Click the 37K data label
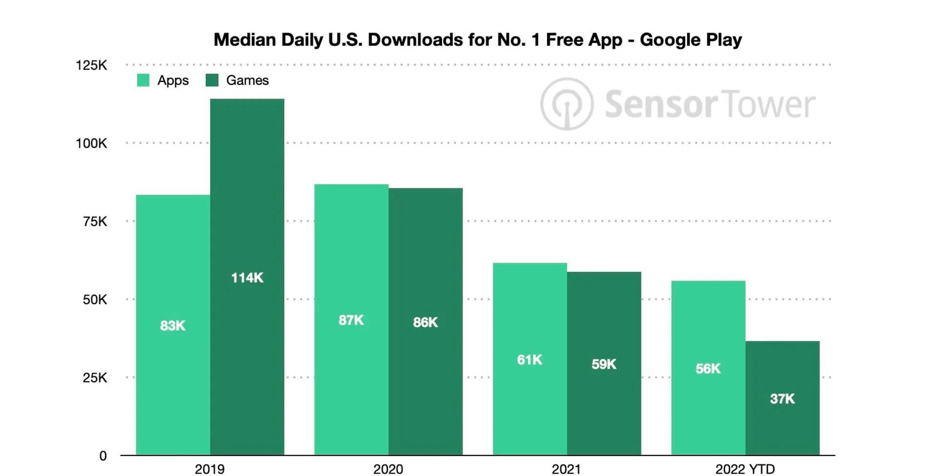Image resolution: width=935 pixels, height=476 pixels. coord(782,399)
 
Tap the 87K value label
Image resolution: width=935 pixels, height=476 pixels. coord(351,320)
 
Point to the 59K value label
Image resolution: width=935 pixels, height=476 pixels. coord(604,364)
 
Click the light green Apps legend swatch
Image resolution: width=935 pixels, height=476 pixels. coord(143,80)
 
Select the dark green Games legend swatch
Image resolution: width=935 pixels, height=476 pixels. coord(212,80)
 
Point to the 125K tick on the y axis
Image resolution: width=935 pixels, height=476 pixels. coord(91,65)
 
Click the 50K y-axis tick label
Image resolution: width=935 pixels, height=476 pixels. coord(95,299)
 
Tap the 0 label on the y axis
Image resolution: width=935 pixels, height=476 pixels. coord(103,456)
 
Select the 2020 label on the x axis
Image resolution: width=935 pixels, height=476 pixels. coord(388,469)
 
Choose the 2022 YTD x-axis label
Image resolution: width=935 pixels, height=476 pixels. coord(745,469)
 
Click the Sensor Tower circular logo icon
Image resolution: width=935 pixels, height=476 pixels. coord(566,104)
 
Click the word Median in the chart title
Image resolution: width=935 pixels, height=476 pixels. coord(245,40)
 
